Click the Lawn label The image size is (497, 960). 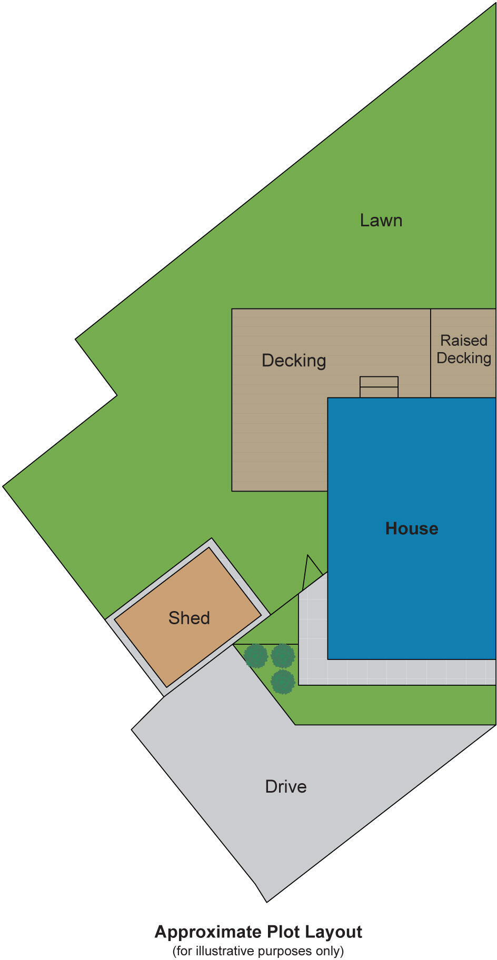tap(381, 220)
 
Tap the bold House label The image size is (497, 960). tap(412, 528)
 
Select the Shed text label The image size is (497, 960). tap(189, 618)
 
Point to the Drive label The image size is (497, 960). tap(286, 786)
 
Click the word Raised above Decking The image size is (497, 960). tap(464, 341)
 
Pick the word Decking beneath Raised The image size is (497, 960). tap(464, 358)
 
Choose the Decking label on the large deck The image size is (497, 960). tap(294, 361)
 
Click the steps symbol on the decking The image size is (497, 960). tap(379, 387)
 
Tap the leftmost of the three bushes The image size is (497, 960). tap(256, 656)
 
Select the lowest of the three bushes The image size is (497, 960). tap(283, 682)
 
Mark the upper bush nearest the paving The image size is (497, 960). tap(283, 656)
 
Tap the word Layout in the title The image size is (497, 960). tap(334, 932)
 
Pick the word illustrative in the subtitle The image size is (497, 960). tap(222, 951)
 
